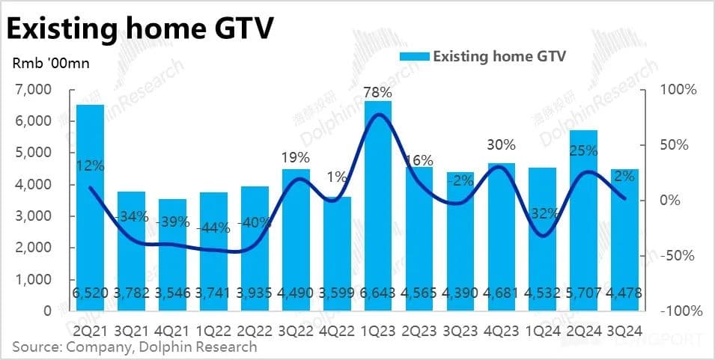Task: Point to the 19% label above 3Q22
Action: point(296,158)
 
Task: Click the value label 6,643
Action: point(378,293)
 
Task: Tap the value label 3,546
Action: point(173,293)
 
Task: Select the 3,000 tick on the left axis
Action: point(34,216)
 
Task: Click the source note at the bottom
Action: point(135,347)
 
